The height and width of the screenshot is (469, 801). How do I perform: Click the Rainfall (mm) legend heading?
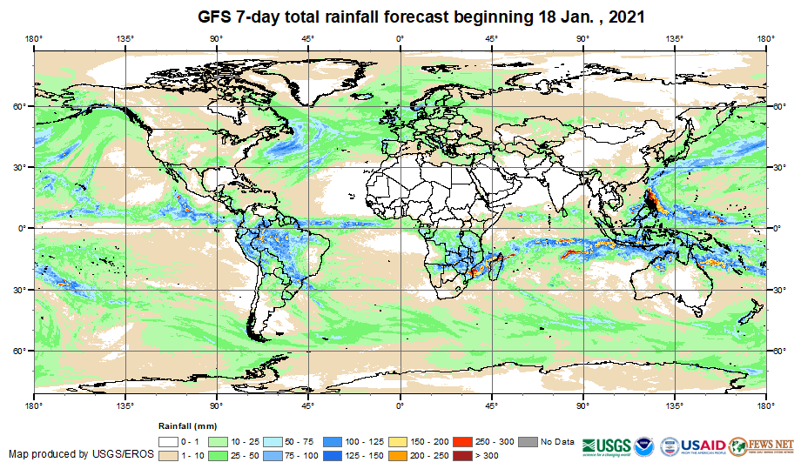tap(186, 426)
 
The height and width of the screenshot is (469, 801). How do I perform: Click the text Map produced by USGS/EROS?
tap(82, 454)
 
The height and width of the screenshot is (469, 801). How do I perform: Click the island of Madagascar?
tap(495, 265)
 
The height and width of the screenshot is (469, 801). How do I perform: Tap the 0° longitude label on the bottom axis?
tap(400, 405)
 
